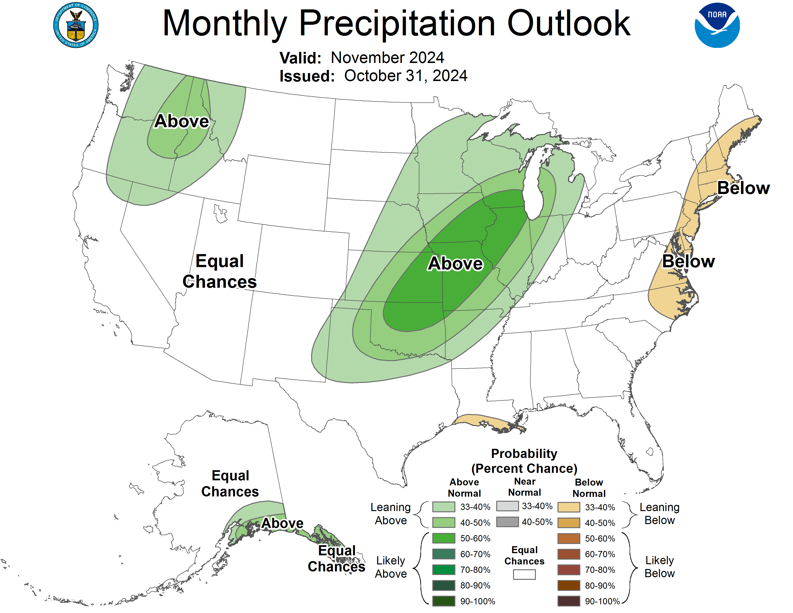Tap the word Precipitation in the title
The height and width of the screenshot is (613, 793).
coord(397,23)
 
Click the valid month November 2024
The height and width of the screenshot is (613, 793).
coord(387,58)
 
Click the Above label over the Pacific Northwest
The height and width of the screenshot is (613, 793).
coord(181,121)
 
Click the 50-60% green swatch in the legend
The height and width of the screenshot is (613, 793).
coord(443,538)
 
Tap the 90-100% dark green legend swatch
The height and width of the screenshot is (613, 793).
coord(443,601)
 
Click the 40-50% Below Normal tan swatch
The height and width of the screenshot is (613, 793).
coord(568,523)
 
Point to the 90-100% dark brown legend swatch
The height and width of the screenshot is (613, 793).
coord(568,601)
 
